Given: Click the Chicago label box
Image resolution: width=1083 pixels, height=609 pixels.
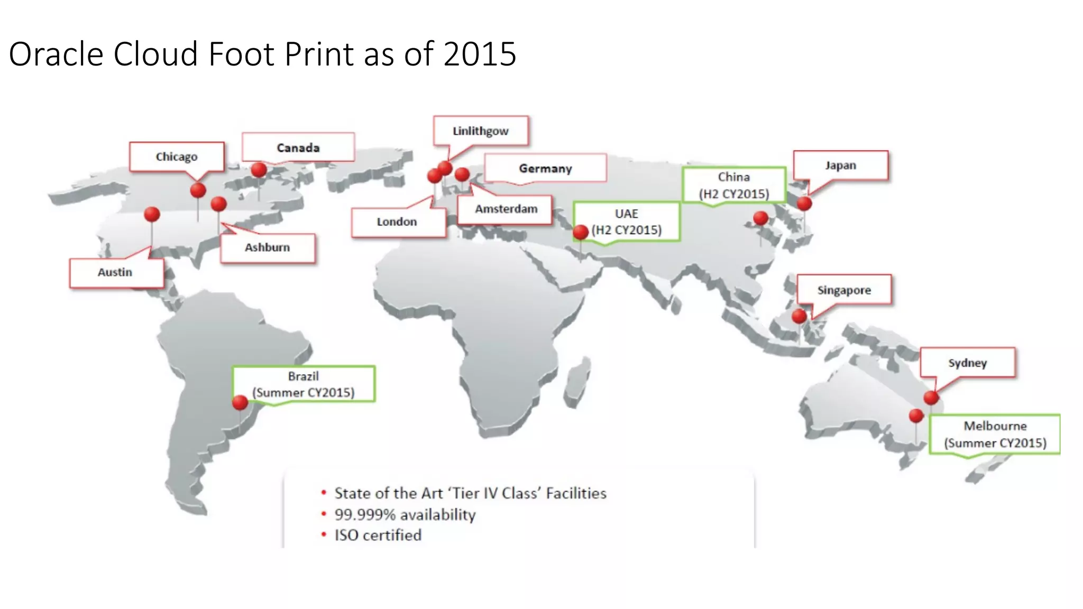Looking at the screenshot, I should click(177, 156).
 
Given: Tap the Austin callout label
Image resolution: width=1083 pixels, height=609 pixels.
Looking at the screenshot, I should click(115, 272).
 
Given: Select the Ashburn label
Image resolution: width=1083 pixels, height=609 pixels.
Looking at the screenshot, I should click(268, 247).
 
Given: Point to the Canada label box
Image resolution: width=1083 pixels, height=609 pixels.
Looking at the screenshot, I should click(298, 147).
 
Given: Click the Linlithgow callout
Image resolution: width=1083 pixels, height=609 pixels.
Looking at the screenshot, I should click(480, 131).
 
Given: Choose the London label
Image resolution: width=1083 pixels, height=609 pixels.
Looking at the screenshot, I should click(397, 222).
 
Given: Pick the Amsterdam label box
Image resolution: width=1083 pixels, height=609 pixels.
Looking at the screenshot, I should click(506, 209).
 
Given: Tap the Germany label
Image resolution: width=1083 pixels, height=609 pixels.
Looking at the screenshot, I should click(545, 168).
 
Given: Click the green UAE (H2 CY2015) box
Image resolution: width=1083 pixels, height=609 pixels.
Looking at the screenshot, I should click(627, 222).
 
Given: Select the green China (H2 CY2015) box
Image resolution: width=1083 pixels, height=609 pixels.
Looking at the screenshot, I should click(734, 185).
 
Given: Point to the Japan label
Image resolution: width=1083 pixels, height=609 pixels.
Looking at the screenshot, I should click(840, 165).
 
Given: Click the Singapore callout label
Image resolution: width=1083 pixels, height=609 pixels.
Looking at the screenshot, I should click(844, 290).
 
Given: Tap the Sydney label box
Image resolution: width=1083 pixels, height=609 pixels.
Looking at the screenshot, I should click(967, 363).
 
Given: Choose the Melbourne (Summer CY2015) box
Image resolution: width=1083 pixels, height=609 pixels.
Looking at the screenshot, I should click(995, 434).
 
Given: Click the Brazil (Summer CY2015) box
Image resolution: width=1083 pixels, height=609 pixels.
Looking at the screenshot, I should click(304, 384).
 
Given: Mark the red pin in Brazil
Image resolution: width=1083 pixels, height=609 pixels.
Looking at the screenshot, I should click(240, 403).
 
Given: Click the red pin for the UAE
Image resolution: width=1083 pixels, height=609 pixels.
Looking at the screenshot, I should click(581, 232).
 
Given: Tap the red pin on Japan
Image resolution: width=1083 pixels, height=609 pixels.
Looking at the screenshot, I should click(804, 204).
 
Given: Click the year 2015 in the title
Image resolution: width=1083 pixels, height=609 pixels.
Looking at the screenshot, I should click(480, 54).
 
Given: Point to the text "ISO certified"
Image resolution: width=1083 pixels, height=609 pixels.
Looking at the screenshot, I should click(378, 535).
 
